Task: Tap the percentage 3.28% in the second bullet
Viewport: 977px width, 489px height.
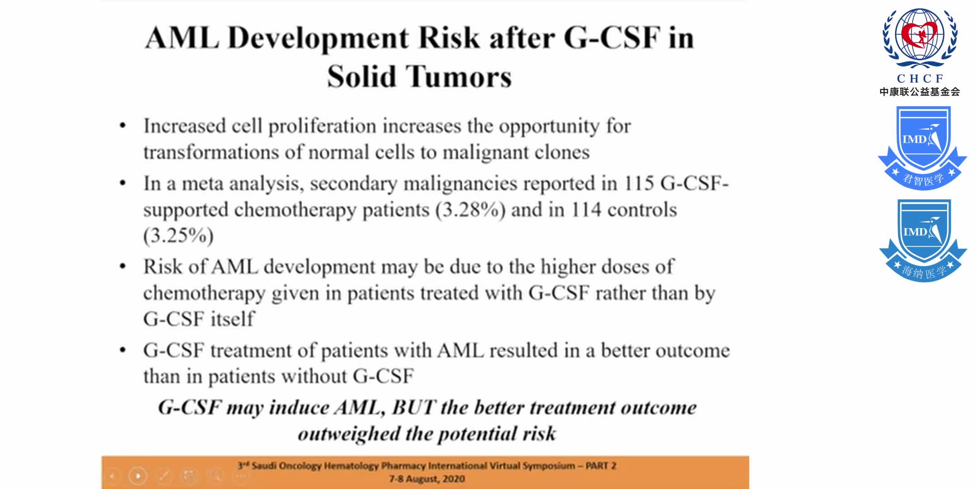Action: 470,210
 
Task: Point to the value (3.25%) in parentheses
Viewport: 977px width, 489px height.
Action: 178,235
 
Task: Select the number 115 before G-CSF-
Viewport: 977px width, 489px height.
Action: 639,183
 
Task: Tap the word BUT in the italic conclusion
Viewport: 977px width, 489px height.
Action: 413,407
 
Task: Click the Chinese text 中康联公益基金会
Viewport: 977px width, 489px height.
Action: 920,92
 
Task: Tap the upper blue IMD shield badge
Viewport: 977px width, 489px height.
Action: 922,147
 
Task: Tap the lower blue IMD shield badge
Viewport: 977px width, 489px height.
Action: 923,240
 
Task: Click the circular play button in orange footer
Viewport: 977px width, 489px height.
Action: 138,476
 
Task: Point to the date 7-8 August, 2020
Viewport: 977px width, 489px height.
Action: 427,479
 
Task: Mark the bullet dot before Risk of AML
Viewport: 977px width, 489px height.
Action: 123,266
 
